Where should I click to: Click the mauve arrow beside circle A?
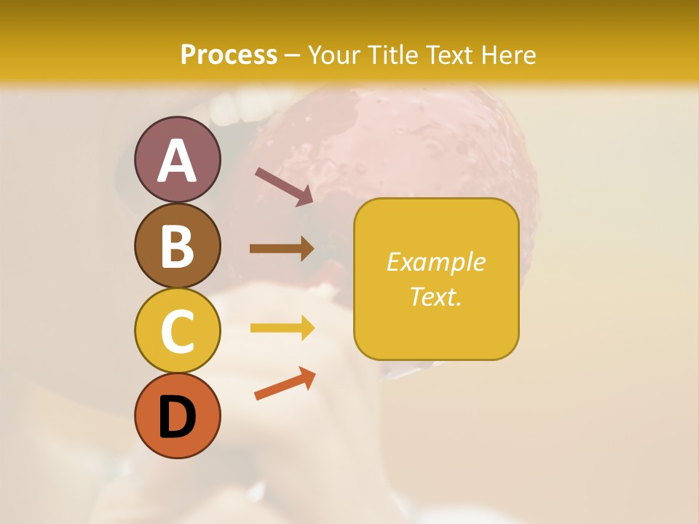coord(284,186)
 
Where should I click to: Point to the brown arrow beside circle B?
coord(282,248)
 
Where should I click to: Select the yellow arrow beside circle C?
coord(283,327)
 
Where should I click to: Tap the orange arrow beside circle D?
coord(285,384)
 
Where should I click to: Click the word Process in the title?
coord(229,55)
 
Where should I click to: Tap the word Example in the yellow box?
coord(435,262)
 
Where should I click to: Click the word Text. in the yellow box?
coord(435,296)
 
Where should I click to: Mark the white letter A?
coord(178,161)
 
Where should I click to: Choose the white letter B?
coord(178,246)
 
